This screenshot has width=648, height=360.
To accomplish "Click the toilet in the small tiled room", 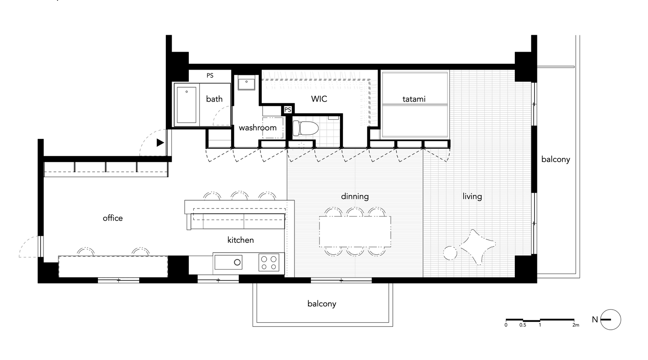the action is pyautogui.click(x=305, y=128).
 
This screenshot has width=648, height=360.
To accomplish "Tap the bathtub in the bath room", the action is pyautogui.click(x=187, y=105).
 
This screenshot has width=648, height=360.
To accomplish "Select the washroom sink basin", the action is pyautogui.click(x=247, y=83).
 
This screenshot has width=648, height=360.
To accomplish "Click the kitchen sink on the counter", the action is pyautogui.click(x=228, y=262).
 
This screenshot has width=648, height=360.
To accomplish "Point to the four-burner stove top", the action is pyautogui.click(x=269, y=263).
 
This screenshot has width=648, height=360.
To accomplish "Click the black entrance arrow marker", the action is pyautogui.click(x=161, y=143).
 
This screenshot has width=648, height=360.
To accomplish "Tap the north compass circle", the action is pyautogui.click(x=611, y=319).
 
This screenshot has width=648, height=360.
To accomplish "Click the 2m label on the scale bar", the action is pyautogui.click(x=575, y=325).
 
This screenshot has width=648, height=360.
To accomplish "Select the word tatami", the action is pyautogui.click(x=414, y=99).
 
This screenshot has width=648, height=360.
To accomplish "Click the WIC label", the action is pyautogui.click(x=319, y=99).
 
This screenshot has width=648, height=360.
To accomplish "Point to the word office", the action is pyautogui.click(x=113, y=218).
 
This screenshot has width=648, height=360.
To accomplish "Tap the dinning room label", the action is pyautogui.click(x=355, y=197).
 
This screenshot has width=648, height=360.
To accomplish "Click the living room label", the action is pyautogui.click(x=472, y=197).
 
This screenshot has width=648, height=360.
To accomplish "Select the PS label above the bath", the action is pyautogui.click(x=210, y=75).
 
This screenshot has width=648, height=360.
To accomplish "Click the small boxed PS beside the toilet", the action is pyautogui.click(x=288, y=110).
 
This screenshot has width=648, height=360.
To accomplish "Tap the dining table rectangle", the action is pyautogui.click(x=355, y=232).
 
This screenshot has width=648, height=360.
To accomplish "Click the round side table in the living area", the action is pyautogui.click(x=450, y=253).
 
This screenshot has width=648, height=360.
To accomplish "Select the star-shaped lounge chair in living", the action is pyautogui.click(x=477, y=247).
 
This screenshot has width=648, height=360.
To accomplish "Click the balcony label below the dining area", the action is pyautogui.click(x=322, y=303).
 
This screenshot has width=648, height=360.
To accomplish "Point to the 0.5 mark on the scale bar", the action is pyautogui.click(x=522, y=325).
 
